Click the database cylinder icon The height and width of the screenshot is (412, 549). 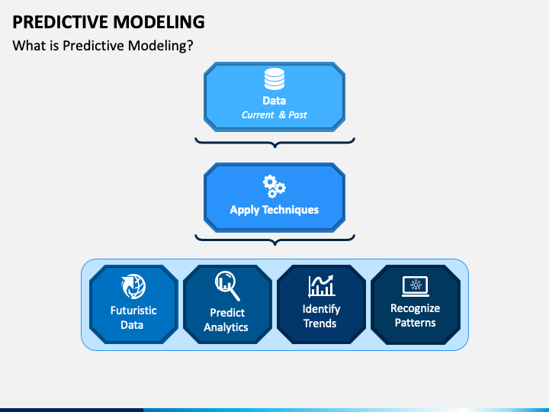274,79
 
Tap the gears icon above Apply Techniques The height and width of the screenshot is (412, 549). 274,187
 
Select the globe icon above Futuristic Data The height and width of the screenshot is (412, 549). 133,286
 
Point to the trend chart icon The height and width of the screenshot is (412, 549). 321,286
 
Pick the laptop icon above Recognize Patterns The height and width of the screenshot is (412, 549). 416,287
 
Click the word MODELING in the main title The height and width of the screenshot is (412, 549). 159,22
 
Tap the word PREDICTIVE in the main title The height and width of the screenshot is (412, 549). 60,22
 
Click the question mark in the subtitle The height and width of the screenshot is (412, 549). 190,46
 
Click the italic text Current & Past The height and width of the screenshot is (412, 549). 274,115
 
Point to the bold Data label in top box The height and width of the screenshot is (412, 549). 274,101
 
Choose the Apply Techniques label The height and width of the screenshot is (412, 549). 274,210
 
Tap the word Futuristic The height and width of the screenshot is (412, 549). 133,311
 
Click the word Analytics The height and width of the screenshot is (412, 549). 226,327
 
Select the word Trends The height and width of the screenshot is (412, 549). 320,323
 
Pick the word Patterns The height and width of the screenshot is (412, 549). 416,323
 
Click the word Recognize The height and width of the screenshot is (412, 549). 416,308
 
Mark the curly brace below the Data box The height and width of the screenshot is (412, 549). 274,142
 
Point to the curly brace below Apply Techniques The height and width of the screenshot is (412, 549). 274,240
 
